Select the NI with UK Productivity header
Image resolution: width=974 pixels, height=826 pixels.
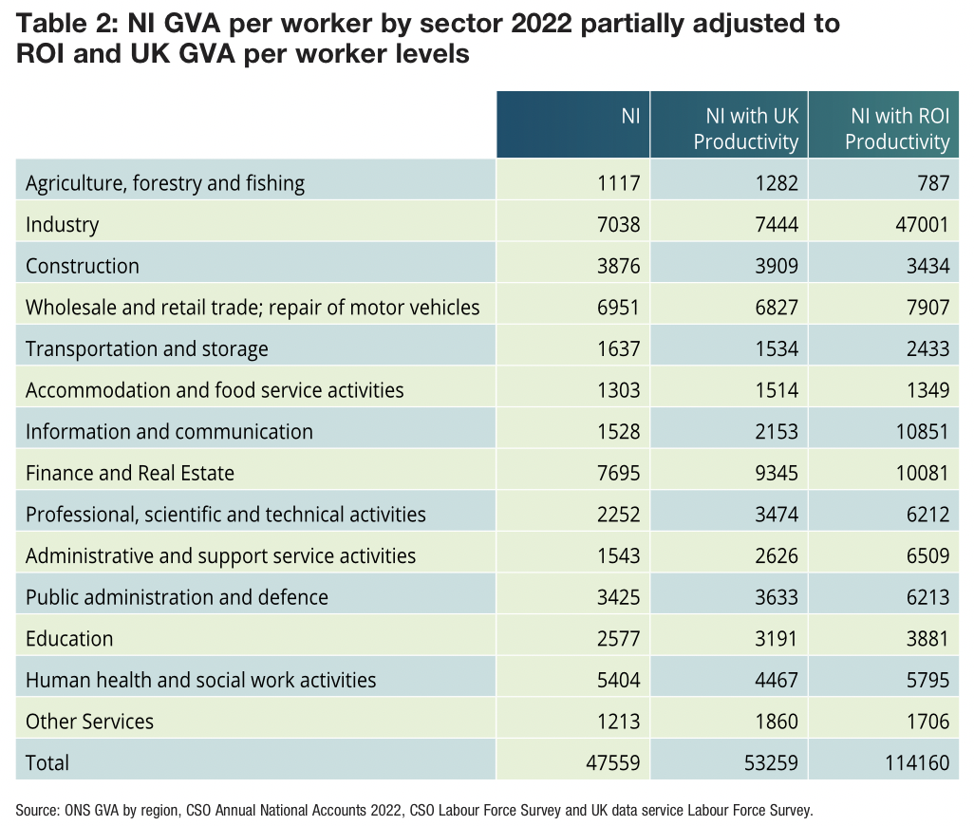tap(746, 129)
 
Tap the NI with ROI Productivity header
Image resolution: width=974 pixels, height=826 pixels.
tap(897, 129)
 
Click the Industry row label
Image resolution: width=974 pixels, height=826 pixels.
tap(63, 225)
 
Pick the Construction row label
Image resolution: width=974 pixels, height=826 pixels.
tap(83, 266)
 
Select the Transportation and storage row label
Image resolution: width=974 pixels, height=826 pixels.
tap(147, 348)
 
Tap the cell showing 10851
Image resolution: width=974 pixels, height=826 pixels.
tap(921, 431)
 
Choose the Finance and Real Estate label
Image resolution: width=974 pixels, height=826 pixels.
tap(130, 473)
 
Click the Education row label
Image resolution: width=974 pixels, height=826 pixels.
tap(69, 639)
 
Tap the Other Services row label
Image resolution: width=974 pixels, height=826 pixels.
tap(89, 722)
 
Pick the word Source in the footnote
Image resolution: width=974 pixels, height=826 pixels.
tap(37, 810)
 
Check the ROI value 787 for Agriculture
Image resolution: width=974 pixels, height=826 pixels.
tap(933, 183)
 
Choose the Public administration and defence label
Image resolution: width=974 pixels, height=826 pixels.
tap(177, 597)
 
